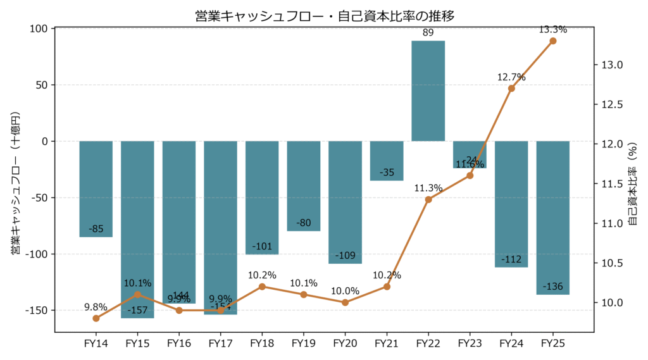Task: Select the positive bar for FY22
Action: pyautogui.click(x=428, y=90)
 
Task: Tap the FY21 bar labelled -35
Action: pyautogui.click(x=387, y=161)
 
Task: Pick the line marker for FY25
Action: pyautogui.click(x=553, y=41)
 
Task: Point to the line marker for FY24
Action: pyautogui.click(x=511, y=89)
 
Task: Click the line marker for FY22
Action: pyautogui.click(x=428, y=199)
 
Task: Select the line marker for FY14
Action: pyautogui.click(x=96, y=318)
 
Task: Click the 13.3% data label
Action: pyautogui.click(x=553, y=30)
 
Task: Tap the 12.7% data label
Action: pyautogui.click(x=511, y=77)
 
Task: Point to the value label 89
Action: pyautogui.click(x=428, y=34)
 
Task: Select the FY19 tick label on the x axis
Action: pyautogui.click(x=304, y=343)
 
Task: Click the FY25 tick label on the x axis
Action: pyautogui.click(x=553, y=343)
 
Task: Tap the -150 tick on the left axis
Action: pyautogui.click(x=37, y=311)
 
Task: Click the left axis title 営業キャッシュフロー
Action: pyautogui.click(x=16, y=183)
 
